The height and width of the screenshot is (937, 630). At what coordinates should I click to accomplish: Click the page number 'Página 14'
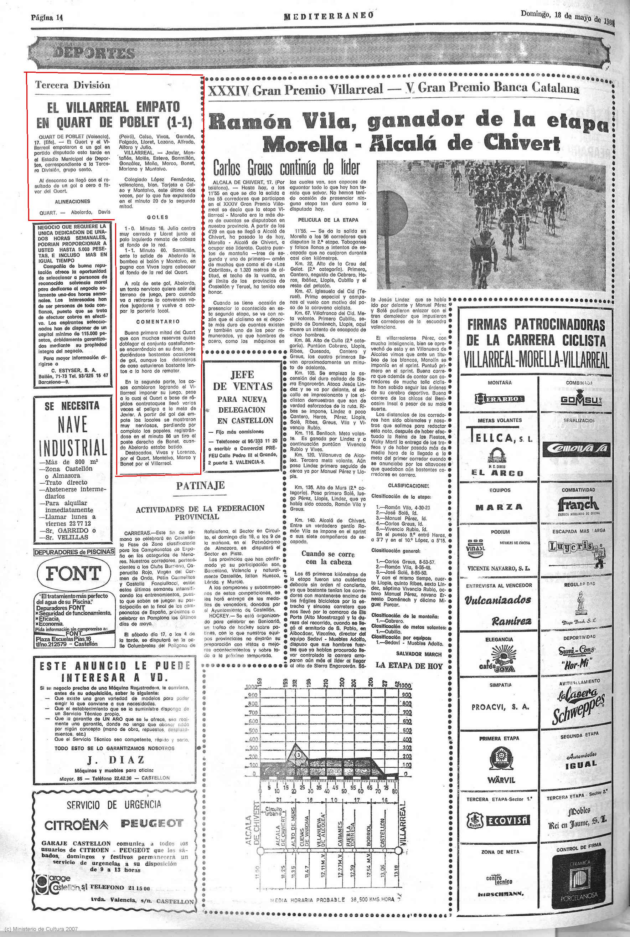48,18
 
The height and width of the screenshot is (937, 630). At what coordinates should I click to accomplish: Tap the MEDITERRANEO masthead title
329,16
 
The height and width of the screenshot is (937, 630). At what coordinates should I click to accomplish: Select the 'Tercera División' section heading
72,85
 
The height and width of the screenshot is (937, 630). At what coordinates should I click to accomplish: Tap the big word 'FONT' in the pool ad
73,573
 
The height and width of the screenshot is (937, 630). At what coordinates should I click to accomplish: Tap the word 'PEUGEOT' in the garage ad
151,824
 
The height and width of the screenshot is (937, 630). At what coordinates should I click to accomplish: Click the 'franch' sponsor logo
578,505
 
